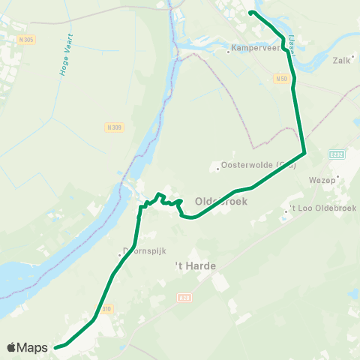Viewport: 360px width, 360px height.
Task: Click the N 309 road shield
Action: click(x=114, y=127)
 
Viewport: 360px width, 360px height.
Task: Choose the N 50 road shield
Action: click(x=281, y=78)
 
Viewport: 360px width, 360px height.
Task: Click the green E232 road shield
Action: click(x=337, y=154)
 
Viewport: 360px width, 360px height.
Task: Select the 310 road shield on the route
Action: click(x=104, y=309)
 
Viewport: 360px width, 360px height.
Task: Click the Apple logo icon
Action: click(x=12, y=347)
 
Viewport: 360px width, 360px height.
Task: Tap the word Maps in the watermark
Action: click(x=34, y=347)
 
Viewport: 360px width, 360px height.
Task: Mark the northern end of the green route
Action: click(x=250, y=13)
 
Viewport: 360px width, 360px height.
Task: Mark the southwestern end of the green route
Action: click(x=55, y=347)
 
